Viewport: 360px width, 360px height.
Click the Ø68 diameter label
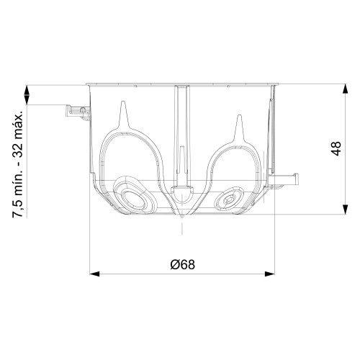(x=182, y=264)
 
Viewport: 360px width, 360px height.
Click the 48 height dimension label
(x=336, y=148)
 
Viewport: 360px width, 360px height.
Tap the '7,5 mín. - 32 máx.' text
(x=18, y=164)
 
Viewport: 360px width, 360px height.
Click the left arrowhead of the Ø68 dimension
(x=94, y=274)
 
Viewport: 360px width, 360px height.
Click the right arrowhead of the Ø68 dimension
(x=269, y=274)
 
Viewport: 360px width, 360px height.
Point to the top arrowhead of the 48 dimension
(x=345, y=89)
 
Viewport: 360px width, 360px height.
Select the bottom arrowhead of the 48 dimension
(x=345, y=209)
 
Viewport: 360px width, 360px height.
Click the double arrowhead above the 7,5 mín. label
(x=27, y=95)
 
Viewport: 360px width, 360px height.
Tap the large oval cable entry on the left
(x=134, y=195)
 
